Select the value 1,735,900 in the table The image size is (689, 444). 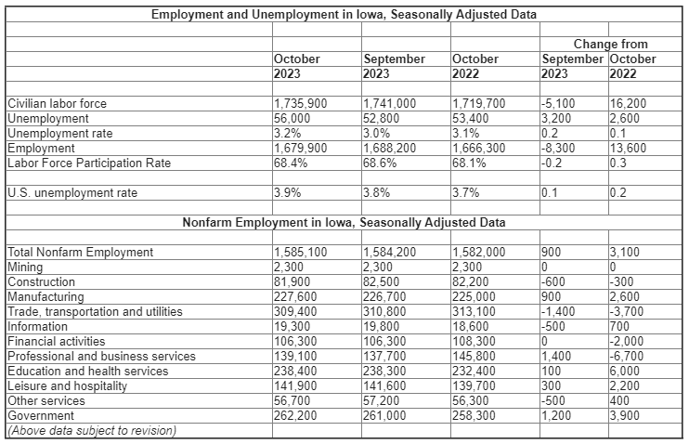[301, 104]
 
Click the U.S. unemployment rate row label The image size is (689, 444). [71, 193]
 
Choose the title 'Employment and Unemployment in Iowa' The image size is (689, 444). [344, 15]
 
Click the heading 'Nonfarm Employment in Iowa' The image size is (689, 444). [344, 223]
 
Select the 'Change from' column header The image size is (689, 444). [610, 44]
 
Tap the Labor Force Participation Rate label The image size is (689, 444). [89, 163]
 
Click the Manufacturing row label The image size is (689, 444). [45, 296]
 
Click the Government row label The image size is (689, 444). [40, 415]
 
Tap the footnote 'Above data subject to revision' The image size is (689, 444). [91, 429]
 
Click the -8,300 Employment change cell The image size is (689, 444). [558, 148]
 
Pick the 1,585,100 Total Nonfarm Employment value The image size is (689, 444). [301, 252]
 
